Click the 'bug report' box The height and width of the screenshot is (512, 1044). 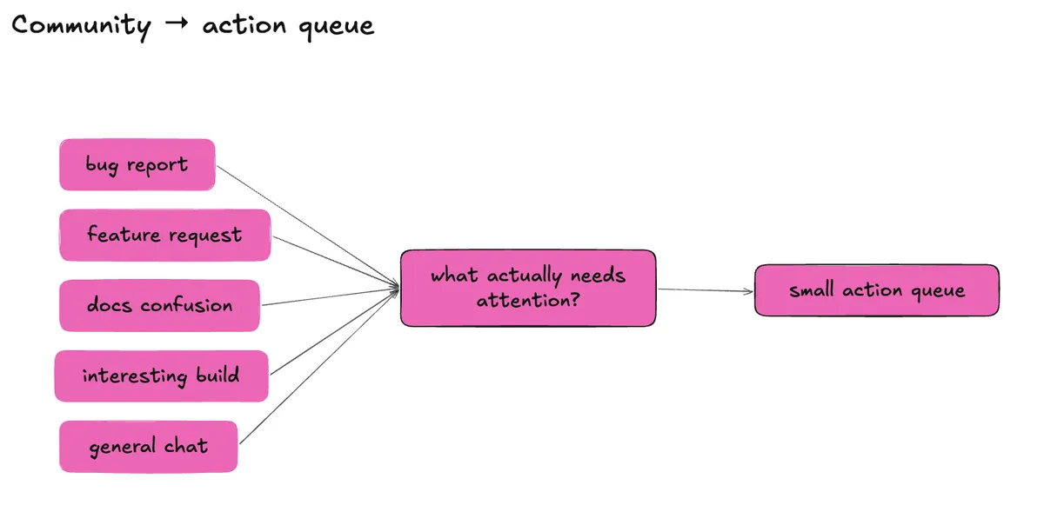137,164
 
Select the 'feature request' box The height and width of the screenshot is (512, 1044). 165,235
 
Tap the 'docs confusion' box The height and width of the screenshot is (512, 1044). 159,306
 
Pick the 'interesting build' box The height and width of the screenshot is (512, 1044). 161,376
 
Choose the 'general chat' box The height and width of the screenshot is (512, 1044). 148,446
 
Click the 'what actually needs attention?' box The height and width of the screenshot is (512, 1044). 528,288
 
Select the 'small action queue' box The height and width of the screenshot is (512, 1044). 877,290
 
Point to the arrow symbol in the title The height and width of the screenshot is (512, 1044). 177,23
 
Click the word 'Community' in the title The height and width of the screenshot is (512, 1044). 81,26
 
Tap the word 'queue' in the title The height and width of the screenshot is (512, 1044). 337,27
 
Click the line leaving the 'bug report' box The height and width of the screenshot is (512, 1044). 308,225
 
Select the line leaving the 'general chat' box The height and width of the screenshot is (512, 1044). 319,366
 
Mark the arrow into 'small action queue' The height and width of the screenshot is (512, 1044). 706,290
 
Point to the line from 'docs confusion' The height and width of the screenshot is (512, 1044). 331,296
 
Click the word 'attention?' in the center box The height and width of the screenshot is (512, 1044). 528,300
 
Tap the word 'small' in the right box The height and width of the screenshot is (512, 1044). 812,289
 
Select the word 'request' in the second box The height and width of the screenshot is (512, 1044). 205,236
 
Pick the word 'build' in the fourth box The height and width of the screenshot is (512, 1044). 217,375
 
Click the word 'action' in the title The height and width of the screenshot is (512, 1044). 244,25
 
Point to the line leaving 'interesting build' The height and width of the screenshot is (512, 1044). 335,332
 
